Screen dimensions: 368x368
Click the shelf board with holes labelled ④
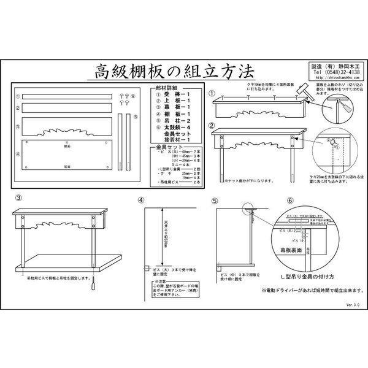click(x=67, y=155)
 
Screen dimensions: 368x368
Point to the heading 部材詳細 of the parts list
click(x=166, y=90)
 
